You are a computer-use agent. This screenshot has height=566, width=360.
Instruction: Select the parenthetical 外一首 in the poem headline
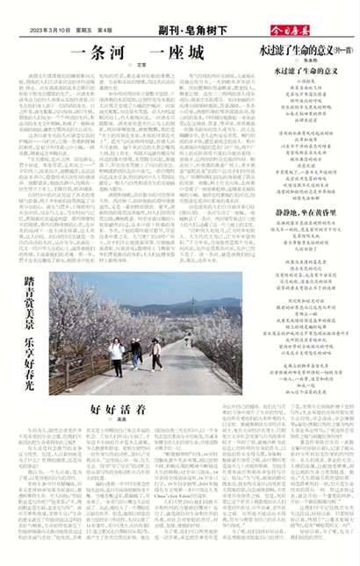339,52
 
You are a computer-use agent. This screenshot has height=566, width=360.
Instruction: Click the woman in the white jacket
117,355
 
